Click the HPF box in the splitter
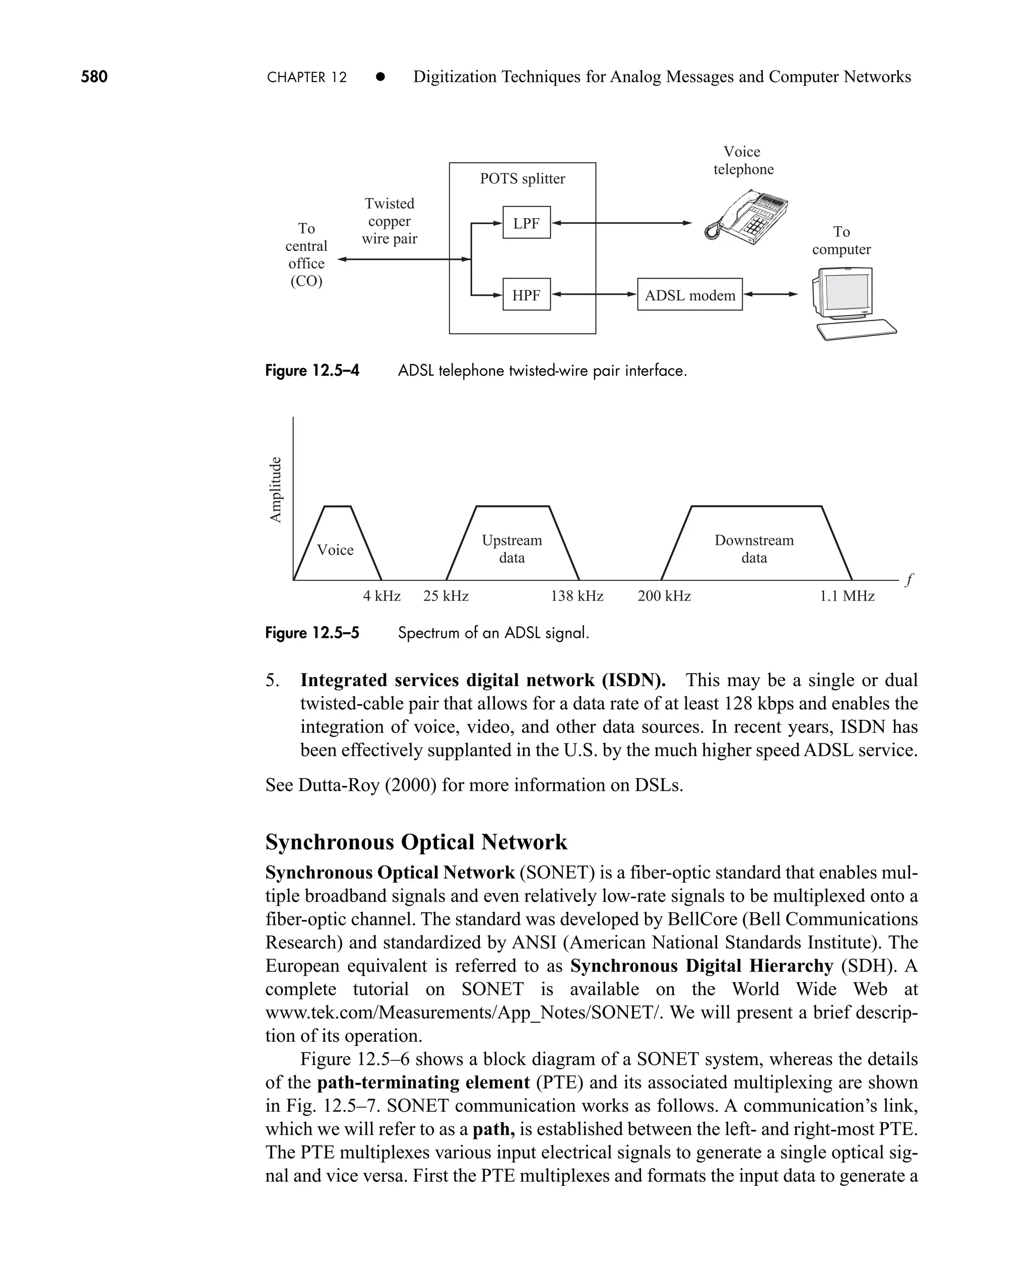click(x=526, y=294)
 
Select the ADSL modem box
click(x=689, y=294)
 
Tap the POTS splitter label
click(x=522, y=178)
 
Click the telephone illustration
click(x=747, y=217)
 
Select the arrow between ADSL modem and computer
click(x=770, y=294)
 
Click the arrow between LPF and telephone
click(x=621, y=223)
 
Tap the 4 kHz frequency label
click(x=381, y=596)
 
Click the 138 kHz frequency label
click(x=576, y=596)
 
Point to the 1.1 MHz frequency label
click(x=847, y=596)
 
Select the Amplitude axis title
click(x=275, y=489)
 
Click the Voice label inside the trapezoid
click(x=335, y=550)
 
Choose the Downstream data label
click(x=754, y=549)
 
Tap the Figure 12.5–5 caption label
click(x=312, y=633)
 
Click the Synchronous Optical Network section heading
click(x=416, y=842)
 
